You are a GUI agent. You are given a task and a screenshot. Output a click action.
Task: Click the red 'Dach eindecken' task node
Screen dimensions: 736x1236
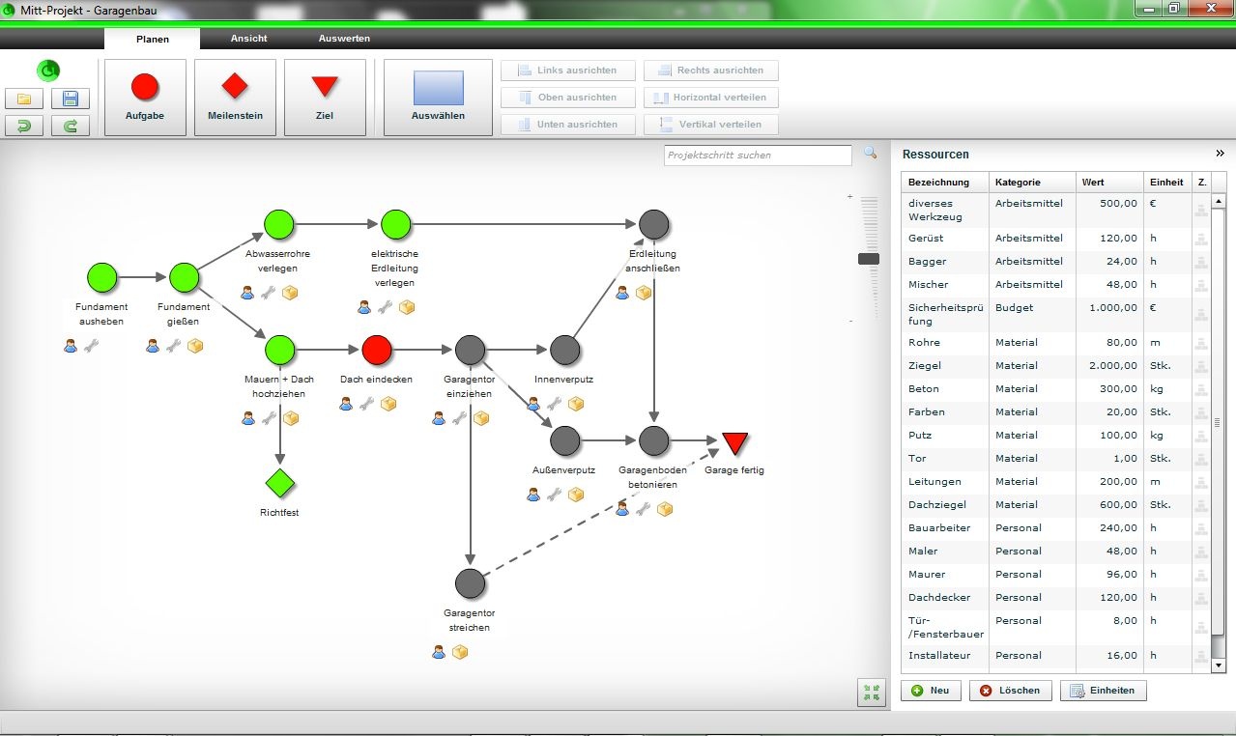pos(376,350)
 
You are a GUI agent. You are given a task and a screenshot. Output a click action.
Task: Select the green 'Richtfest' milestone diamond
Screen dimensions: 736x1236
pos(279,483)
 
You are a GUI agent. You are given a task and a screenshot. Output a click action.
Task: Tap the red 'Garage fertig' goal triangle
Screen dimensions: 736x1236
pos(735,443)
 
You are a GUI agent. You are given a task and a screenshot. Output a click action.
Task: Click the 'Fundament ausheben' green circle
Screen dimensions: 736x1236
pos(101,278)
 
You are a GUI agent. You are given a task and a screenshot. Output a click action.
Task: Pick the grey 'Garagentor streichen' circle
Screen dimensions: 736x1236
pos(470,583)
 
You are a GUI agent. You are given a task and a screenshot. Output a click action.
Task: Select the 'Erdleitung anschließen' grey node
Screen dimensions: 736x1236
pos(654,225)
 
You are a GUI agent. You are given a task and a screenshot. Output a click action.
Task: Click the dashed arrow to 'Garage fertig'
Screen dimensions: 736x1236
pos(599,512)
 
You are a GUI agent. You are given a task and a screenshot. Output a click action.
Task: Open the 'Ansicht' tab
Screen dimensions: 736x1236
pos(248,39)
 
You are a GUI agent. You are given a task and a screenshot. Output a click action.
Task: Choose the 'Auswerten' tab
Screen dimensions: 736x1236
pos(344,39)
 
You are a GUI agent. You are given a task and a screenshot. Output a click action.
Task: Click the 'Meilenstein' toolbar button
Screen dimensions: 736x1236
pos(235,97)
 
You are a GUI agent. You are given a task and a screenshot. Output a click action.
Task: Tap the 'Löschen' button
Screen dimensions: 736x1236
pos(1010,691)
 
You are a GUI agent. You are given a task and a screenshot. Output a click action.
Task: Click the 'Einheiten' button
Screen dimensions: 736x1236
pos(1103,691)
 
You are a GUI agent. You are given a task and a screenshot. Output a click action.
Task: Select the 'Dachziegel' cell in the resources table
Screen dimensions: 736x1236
pos(936,505)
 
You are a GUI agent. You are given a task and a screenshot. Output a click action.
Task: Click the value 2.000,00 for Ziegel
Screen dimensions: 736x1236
pos(1109,366)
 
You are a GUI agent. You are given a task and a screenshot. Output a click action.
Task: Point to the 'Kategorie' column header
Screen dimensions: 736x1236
pos(1018,183)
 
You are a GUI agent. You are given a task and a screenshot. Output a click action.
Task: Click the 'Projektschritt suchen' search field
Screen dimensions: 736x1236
pos(758,156)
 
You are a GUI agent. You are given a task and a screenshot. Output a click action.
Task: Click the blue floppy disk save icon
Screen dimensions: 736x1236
pos(70,99)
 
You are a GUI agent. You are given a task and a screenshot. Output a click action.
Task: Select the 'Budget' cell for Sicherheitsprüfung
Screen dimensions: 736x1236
pos(1014,308)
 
